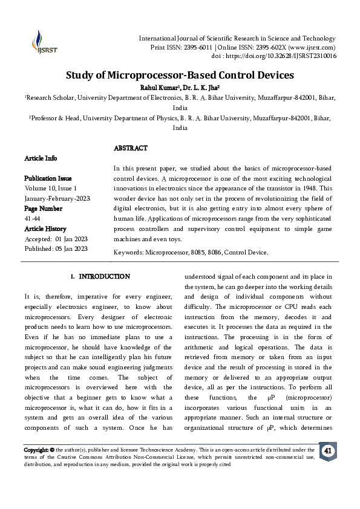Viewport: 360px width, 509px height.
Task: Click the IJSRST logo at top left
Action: click(x=41, y=43)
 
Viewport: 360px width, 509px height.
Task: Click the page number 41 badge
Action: click(x=327, y=452)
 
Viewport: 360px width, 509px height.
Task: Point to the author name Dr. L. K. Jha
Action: click(x=201, y=88)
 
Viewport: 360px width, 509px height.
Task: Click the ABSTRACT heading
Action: click(x=131, y=148)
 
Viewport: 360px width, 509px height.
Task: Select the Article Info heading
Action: click(x=41, y=158)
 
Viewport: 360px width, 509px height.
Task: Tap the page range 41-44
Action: click(x=33, y=218)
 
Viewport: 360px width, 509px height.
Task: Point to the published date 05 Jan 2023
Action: click(x=71, y=248)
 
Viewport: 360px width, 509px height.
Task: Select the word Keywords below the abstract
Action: click(x=129, y=252)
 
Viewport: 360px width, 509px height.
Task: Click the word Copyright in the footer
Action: click(x=35, y=450)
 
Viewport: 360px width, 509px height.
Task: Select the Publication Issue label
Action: click(x=48, y=178)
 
